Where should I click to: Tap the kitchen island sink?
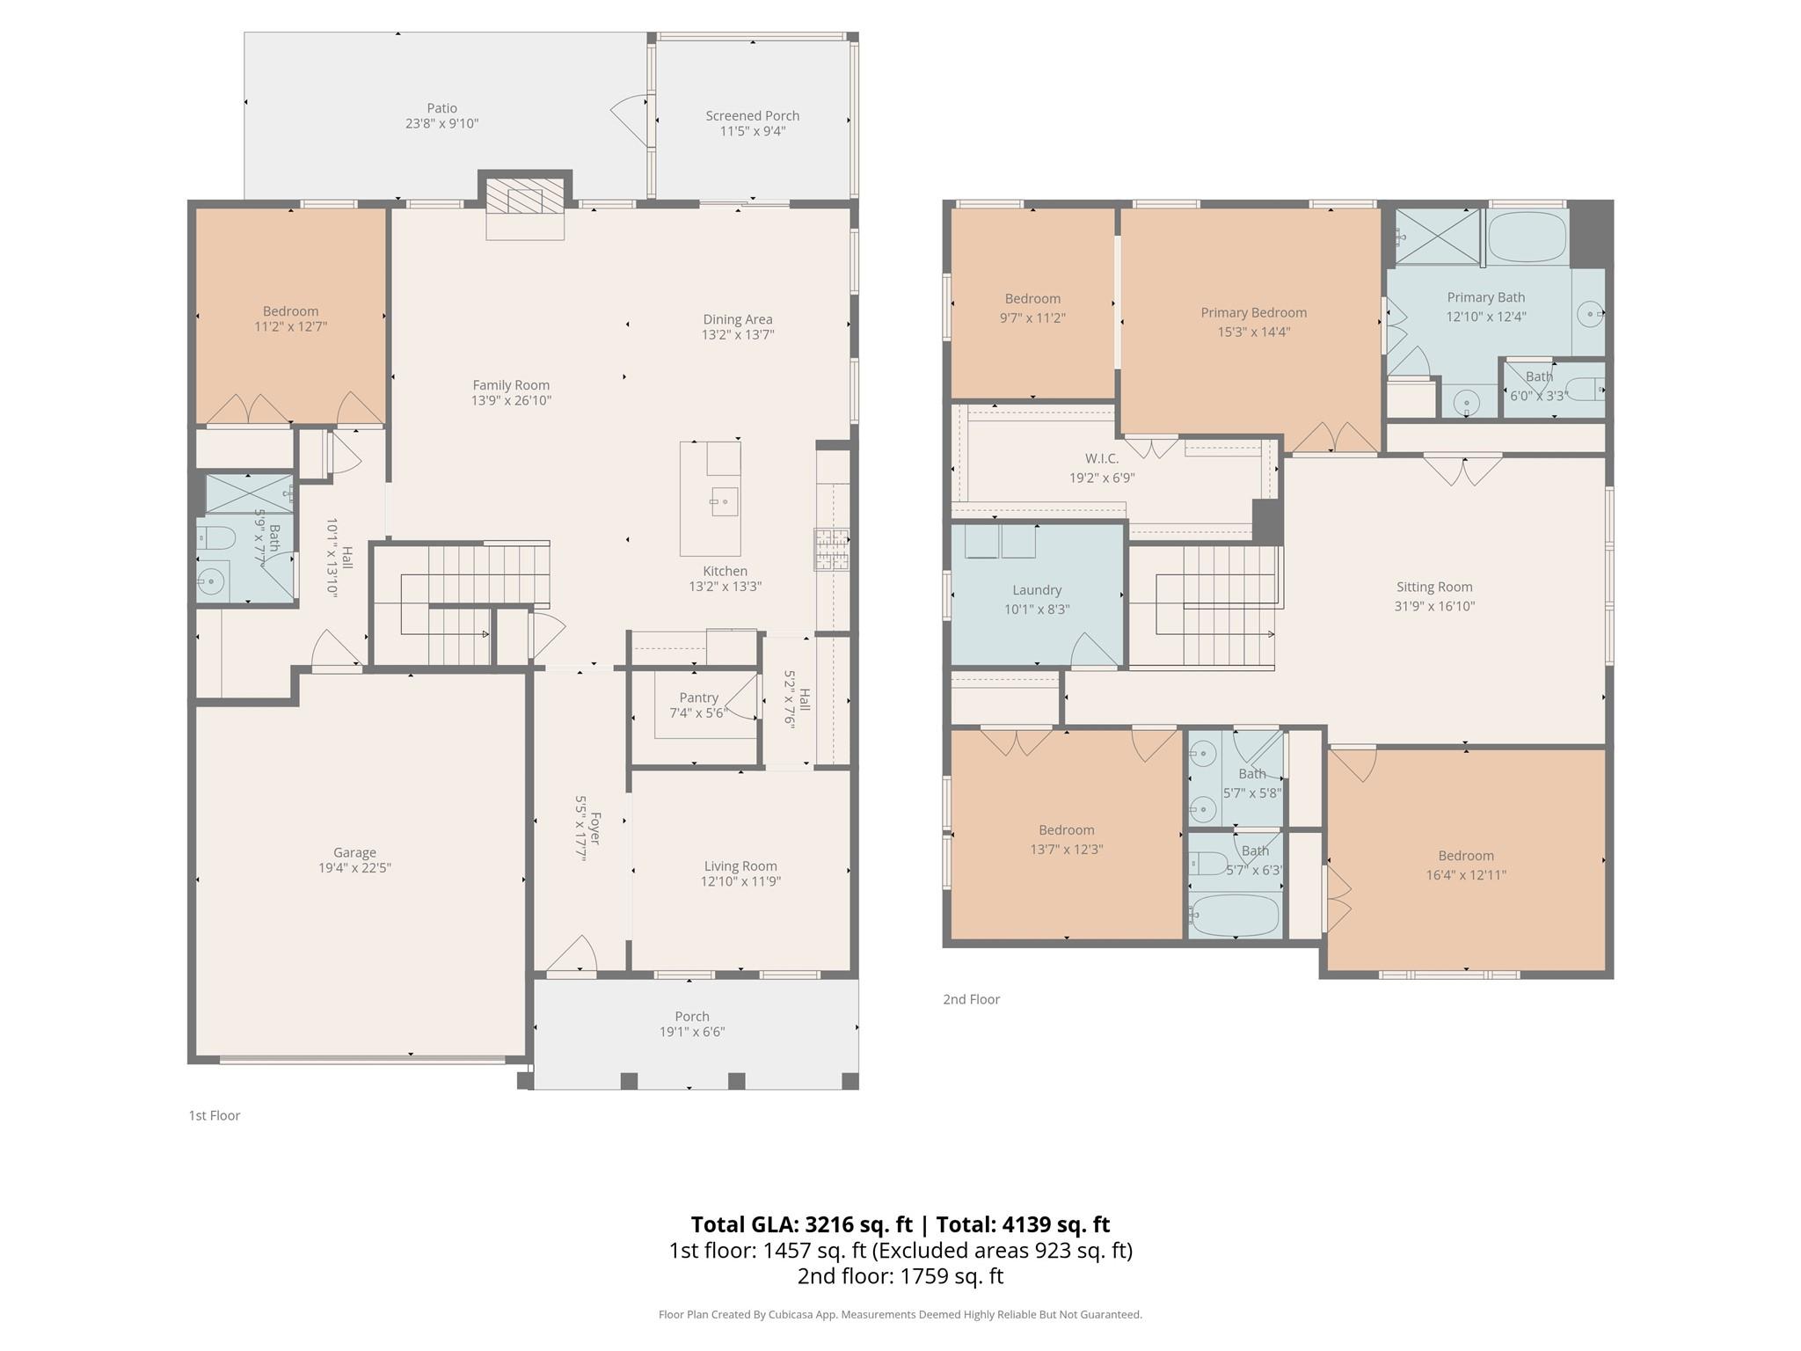[x=725, y=501]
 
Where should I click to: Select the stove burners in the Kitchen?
[x=831, y=550]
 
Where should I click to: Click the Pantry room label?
[x=698, y=697]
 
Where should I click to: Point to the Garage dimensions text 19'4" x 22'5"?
[x=354, y=868]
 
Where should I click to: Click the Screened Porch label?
[x=753, y=116]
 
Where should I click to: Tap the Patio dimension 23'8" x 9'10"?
[x=441, y=124]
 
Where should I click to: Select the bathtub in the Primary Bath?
[x=1528, y=236]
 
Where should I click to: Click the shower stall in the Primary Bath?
[x=1438, y=236]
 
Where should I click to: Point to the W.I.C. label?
[x=1102, y=458]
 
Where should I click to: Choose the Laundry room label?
[x=1037, y=590]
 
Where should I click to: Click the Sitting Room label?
[x=1434, y=588]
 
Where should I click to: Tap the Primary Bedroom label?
[x=1253, y=313]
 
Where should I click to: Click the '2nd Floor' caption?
[x=972, y=999]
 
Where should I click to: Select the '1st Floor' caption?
[x=215, y=1115]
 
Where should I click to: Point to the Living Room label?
[x=740, y=866]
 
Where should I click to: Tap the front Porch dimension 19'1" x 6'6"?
[x=692, y=1033]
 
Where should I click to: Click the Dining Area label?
[x=738, y=319]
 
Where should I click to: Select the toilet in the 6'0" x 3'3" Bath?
[x=1586, y=388]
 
